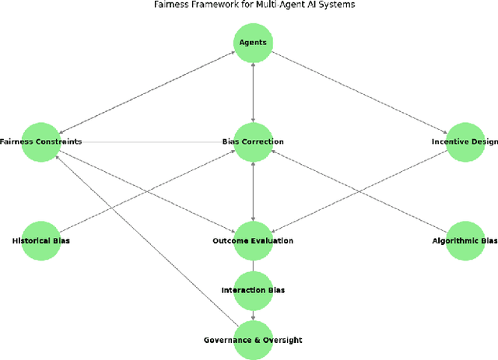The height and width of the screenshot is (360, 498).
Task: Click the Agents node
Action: (253, 42)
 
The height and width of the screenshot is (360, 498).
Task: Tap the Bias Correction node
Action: (253, 142)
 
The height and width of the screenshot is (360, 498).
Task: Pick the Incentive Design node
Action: (465, 142)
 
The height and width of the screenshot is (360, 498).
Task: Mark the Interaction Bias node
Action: (253, 290)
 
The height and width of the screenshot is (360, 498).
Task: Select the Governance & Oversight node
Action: (253, 340)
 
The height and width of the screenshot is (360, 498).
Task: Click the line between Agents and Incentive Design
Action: (359, 92)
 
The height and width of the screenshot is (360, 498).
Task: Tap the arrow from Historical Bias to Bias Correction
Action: (147, 191)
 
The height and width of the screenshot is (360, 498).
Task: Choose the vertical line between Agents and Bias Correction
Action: (253, 92)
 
